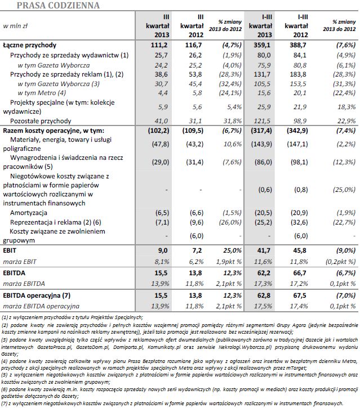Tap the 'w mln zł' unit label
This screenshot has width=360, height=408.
click(x=16, y=26)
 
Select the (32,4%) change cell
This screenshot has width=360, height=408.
click(x=230, y=83)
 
